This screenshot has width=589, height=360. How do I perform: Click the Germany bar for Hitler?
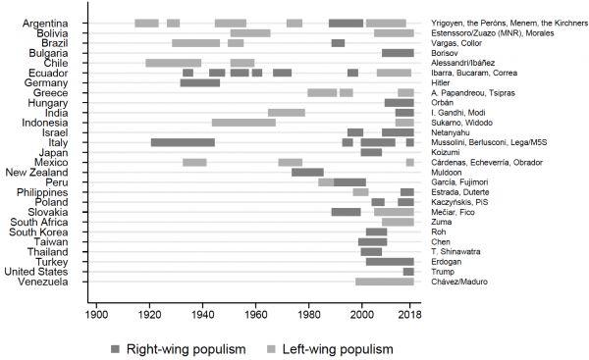(200, 83)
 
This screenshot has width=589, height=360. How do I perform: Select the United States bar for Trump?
(408, 272)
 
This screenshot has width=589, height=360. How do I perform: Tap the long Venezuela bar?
(385, 282)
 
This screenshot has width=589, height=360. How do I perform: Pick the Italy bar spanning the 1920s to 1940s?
(183, 142)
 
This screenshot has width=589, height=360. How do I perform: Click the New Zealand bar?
(307, 173)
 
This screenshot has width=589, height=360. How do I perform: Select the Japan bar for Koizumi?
(371, 152)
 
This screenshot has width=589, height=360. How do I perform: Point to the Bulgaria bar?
(398, 53)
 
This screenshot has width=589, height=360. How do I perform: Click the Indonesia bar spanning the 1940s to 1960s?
(243, 123)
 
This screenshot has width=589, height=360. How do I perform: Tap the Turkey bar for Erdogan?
(390, 262)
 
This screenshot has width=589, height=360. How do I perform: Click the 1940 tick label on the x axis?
(203, 314)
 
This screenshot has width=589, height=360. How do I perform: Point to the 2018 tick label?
(409, 314)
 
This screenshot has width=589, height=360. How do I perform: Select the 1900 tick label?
(96, 314)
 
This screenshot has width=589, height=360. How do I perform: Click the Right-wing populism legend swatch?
(115, 349)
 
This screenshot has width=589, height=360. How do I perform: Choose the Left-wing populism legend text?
(338, 349)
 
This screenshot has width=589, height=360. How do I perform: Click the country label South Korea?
(38, 232)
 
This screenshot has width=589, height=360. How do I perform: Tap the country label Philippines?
(42, 192)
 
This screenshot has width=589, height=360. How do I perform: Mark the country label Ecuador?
(48, 73)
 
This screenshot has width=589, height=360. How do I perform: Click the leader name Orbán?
(442, 102)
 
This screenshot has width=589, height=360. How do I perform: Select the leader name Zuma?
(442, 222)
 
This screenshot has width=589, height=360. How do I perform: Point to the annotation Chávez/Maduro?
(459, 282)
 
